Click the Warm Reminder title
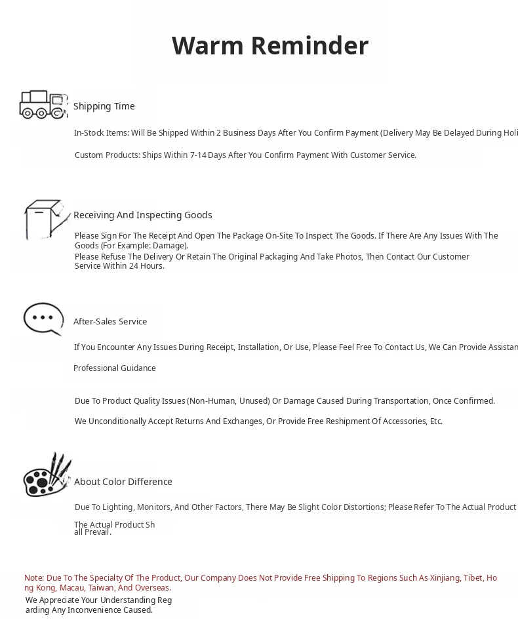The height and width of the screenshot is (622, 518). [x=269, y=46]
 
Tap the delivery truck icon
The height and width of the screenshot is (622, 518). [x=43, y=105]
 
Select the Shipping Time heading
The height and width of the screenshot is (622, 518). [x=104, y=106]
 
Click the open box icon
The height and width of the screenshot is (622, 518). [x=46, y=219]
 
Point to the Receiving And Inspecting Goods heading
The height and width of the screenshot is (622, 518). [x=142, y=215]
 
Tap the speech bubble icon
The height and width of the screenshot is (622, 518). [x=43, y=319]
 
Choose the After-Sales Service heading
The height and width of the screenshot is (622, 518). [x=110, y=321]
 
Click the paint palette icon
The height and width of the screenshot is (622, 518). [x=47, y=475]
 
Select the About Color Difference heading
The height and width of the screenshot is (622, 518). [x=123, y=482]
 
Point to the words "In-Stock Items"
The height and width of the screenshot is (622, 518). [x=101, y=133]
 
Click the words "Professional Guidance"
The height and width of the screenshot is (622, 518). [x=115, y=368]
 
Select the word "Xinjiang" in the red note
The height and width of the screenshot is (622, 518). [x=444, y=578]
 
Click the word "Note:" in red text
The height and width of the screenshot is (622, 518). [x=34, y=578]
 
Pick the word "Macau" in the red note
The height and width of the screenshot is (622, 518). [x=71, y=588]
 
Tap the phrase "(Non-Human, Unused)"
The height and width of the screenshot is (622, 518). [x=228, y=401]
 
